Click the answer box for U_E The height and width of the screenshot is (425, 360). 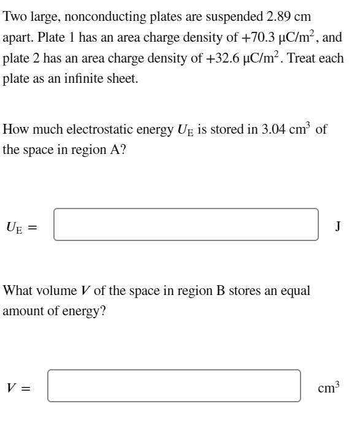pos(186,225)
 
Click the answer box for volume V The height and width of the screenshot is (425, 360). pos(174,386)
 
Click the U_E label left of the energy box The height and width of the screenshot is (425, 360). pos(17,226)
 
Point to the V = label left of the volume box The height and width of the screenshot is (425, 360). pos(18,387)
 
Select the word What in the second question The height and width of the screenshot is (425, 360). pos(18,290)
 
